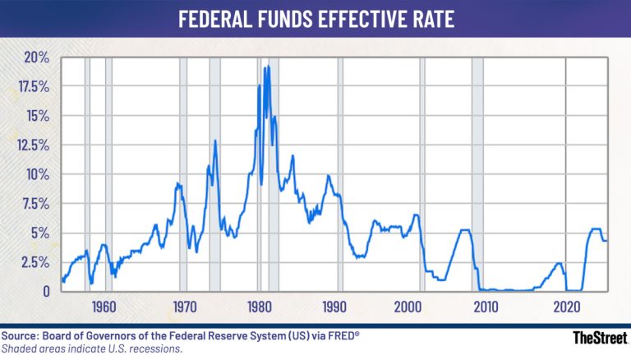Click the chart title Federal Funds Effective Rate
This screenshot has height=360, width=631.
tap(316, 19)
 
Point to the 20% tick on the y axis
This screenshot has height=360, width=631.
tap(38, 58)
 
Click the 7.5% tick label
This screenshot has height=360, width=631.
tap(36, 204)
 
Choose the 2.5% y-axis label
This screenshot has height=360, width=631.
tap(36, 262)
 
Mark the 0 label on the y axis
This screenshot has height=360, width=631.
tap(47, 291)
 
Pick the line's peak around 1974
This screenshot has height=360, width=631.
tap(215, 141)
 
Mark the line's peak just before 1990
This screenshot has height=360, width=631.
tap(329, 175)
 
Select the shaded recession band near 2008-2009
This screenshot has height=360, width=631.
tap(477, 174)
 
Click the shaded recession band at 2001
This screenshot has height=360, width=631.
tap(422, 174)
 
